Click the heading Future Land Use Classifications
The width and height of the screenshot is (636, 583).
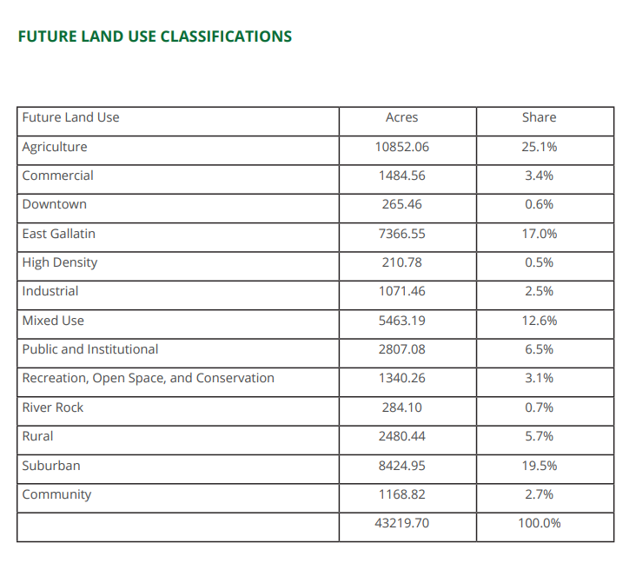click(155, 36)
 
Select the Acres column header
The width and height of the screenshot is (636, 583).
click(401, 117)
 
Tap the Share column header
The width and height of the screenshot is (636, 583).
click(539, 117)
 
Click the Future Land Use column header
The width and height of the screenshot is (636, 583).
click(70, 117)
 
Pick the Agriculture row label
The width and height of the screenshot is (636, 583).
click(55, 147)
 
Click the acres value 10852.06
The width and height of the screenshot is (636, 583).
click(401, 147)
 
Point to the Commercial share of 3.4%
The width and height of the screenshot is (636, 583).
click(539, 176)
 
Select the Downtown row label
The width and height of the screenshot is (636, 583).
click(55, 204)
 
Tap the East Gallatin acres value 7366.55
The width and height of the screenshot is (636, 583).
click(401, 234)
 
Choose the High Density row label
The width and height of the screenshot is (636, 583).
click(60, 263)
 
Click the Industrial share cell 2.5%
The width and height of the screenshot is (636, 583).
click(539, 291)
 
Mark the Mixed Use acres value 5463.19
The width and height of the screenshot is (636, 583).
click(401, 321)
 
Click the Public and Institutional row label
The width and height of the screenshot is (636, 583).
click(90, 349)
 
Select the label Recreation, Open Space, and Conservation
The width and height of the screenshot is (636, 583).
click(148, 379)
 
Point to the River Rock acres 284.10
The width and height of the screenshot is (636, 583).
click(401, 407)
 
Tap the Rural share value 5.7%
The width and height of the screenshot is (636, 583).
click(539, 436)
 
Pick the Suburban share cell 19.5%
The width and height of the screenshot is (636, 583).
click(539, 466)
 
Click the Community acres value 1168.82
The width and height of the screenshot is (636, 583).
click(401, 494)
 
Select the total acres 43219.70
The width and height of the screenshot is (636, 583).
click(401, 523)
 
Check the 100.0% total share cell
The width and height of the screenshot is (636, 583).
click(539, 523)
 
